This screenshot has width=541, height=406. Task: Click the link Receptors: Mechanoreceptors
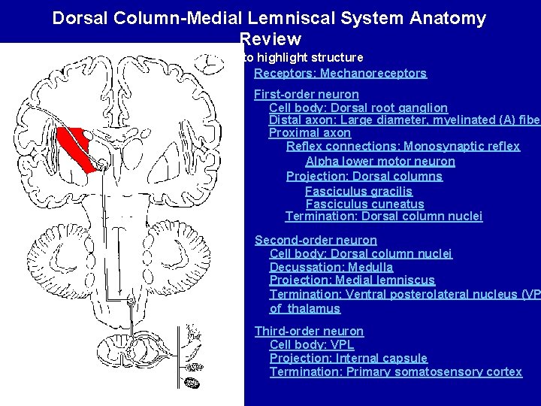[x=340, y=73]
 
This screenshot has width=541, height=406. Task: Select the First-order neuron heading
[x=306, y=94]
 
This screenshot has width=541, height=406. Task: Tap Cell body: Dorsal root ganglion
[x=358, y=108]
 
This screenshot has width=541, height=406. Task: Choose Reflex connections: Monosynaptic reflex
[x=403, y=146]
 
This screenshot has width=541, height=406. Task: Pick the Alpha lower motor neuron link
[x=379, y=161]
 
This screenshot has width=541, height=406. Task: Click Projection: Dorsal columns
[x=364, y=176]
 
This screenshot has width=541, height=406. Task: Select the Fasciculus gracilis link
[x=358, y=191]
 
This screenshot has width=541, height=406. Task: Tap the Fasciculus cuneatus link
[x=364, y=204]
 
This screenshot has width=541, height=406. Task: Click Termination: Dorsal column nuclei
[x=383, y=217]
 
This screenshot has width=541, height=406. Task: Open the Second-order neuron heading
[x=316, y=240]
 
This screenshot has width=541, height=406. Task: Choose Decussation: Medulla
[x=331, y=267]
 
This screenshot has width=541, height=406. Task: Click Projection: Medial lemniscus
[x=352, y=280]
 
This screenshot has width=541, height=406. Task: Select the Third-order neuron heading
[x=309, y=331]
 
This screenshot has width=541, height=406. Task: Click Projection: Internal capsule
[x=348, y=358]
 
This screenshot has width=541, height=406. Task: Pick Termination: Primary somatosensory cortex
[x=395, y=371]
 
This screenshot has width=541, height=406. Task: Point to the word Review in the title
[x=270, y=39]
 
